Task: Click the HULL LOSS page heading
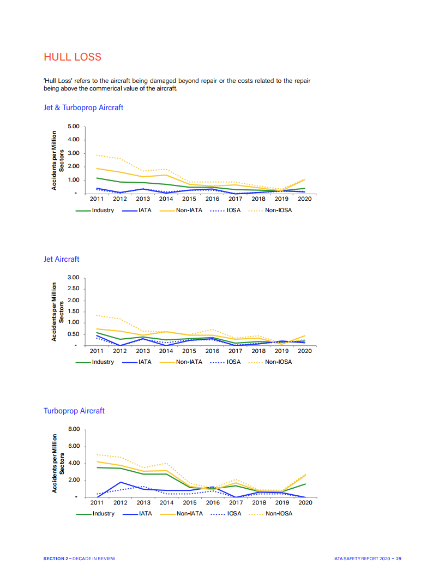point(72,57)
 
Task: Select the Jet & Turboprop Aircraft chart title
point(83,107)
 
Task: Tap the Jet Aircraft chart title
point(61,259)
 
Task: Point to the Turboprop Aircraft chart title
point(74,411)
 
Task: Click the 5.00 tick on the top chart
point(73,127)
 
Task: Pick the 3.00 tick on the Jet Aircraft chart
point(73,278)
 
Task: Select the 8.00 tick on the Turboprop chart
point(73,430)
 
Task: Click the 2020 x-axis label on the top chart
point(305,199)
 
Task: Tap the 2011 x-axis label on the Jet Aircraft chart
point(97,351)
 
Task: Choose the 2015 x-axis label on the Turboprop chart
point(189,502)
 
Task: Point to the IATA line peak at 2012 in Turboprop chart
point(121,482)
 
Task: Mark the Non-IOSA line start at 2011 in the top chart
point(97,155)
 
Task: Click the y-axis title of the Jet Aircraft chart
point(58,312)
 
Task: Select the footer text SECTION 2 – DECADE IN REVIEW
point(79,559)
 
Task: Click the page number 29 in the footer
point(399,559)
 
